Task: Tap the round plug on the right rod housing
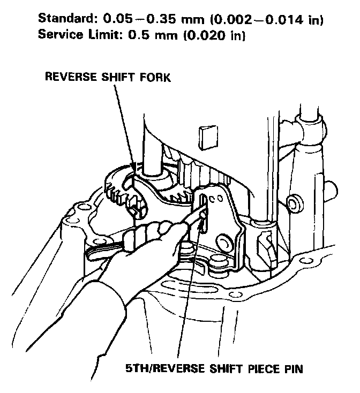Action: pyautogui.click(x=293, y=203)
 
